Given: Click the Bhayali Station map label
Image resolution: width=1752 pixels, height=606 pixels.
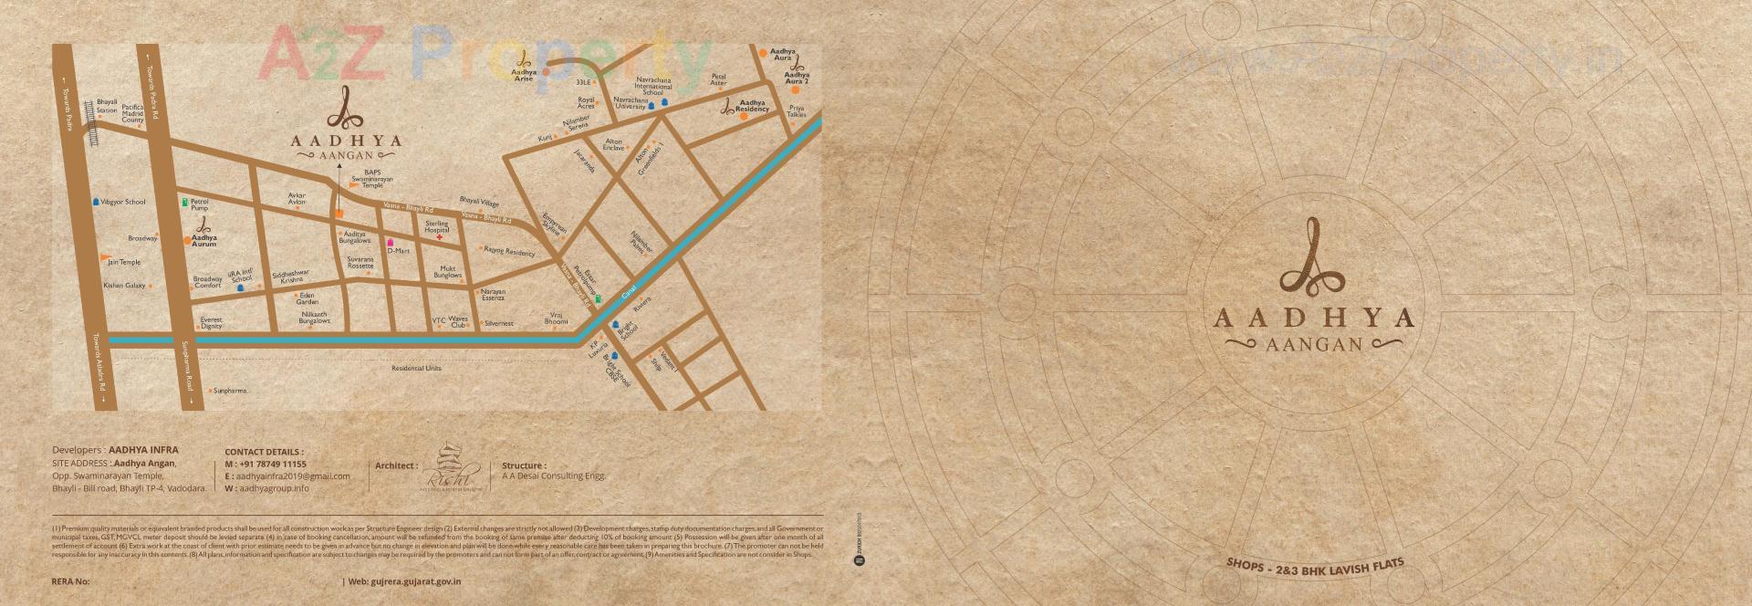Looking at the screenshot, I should pos(107,106).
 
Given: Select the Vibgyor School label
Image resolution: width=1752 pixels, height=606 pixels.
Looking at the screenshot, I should pos(123,202).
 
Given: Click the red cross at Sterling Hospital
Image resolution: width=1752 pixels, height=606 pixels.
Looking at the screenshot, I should pos(439,237).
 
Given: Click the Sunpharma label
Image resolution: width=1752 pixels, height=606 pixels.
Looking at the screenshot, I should pos(231,391).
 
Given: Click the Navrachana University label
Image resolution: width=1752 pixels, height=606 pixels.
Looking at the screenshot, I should pos(631,103).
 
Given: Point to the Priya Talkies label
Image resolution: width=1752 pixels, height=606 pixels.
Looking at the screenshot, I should pos(797,111).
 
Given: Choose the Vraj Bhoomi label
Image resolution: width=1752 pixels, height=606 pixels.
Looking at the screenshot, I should pos(556,318).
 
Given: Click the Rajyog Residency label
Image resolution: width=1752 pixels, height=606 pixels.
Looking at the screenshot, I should pos(509,251).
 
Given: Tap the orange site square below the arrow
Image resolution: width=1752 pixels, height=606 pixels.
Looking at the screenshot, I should pos(339,213).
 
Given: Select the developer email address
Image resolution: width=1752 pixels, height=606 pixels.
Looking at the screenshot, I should pos(293,476).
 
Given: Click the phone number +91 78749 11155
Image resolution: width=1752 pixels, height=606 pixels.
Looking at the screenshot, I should pos(272,464).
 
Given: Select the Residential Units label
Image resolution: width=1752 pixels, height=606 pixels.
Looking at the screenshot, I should pos(416,368).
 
